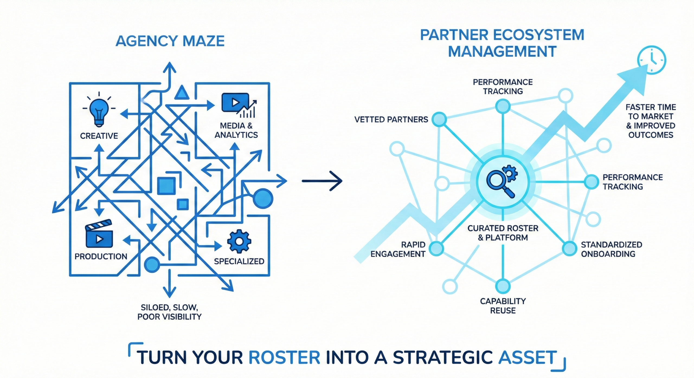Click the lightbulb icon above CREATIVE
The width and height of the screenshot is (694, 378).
[99, 112]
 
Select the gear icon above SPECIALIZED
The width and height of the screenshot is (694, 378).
[239, 241]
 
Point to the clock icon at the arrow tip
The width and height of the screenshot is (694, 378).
[651, 60]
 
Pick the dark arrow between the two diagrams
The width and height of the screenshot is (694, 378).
[322, 181]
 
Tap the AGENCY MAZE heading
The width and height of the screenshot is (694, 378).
[170, 41]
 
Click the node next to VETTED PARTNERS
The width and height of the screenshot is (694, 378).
[439, 119]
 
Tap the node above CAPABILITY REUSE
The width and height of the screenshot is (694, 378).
[503, 286]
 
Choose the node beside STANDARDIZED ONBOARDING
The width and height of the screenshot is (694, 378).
[569, 248]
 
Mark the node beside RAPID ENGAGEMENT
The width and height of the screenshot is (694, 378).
[436, 248]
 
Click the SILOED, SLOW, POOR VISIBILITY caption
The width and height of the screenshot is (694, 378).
[169, 312]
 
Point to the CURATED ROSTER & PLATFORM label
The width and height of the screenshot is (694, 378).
[503, 233]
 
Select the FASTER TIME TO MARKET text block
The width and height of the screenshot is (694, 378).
[651, 121]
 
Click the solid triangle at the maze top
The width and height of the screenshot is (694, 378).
[182, 93]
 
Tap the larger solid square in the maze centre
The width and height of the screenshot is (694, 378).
[166, 186]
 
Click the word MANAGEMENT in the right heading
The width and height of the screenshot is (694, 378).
[502, 51]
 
